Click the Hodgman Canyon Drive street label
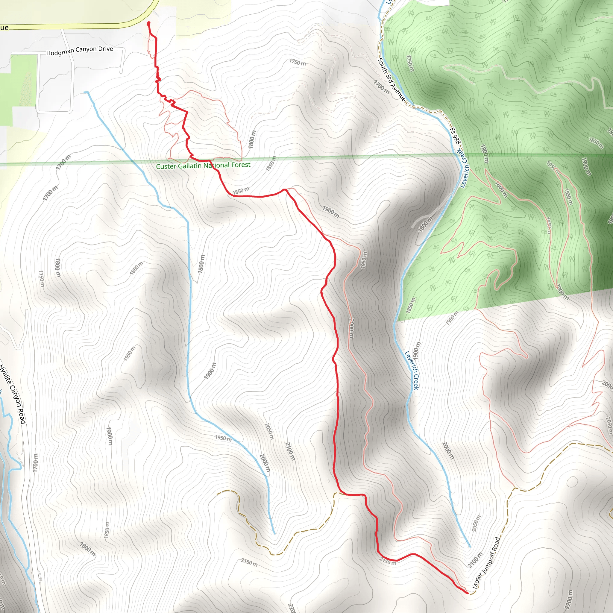(80, 51)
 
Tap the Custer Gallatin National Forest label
(203, 166)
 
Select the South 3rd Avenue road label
(392, 79)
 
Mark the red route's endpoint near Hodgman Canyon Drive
(148, 23)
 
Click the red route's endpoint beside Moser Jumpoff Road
(467, 592)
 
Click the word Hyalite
(5, 376)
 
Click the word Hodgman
(60, 52)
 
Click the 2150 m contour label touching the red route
(388, 562)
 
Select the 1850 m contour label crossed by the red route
(241, 191)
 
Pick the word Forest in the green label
(241, 165)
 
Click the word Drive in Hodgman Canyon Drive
(106, 49)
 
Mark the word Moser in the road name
(477, 580)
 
